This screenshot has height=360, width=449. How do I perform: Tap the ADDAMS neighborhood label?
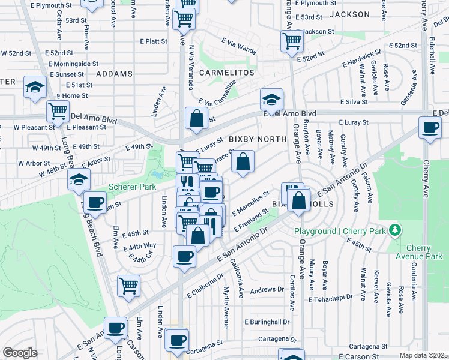(x=113, y=74)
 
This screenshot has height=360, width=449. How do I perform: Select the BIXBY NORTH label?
(x=258, y=139)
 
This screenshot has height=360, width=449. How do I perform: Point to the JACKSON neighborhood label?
(x=350, y=14)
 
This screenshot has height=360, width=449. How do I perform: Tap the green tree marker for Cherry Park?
(x=394, y=229)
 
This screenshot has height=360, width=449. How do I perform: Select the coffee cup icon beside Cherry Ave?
(x=430, y=128)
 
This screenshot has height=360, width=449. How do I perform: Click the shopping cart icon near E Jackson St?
(x=292, y=41)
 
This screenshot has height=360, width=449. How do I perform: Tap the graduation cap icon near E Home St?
(x=35, y=87)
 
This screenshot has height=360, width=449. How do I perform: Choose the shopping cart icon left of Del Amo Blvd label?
(x=58, y=110)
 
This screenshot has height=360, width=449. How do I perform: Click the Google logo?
(x=20, y=353)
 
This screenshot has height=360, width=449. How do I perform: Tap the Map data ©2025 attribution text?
(x=423, y=355)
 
